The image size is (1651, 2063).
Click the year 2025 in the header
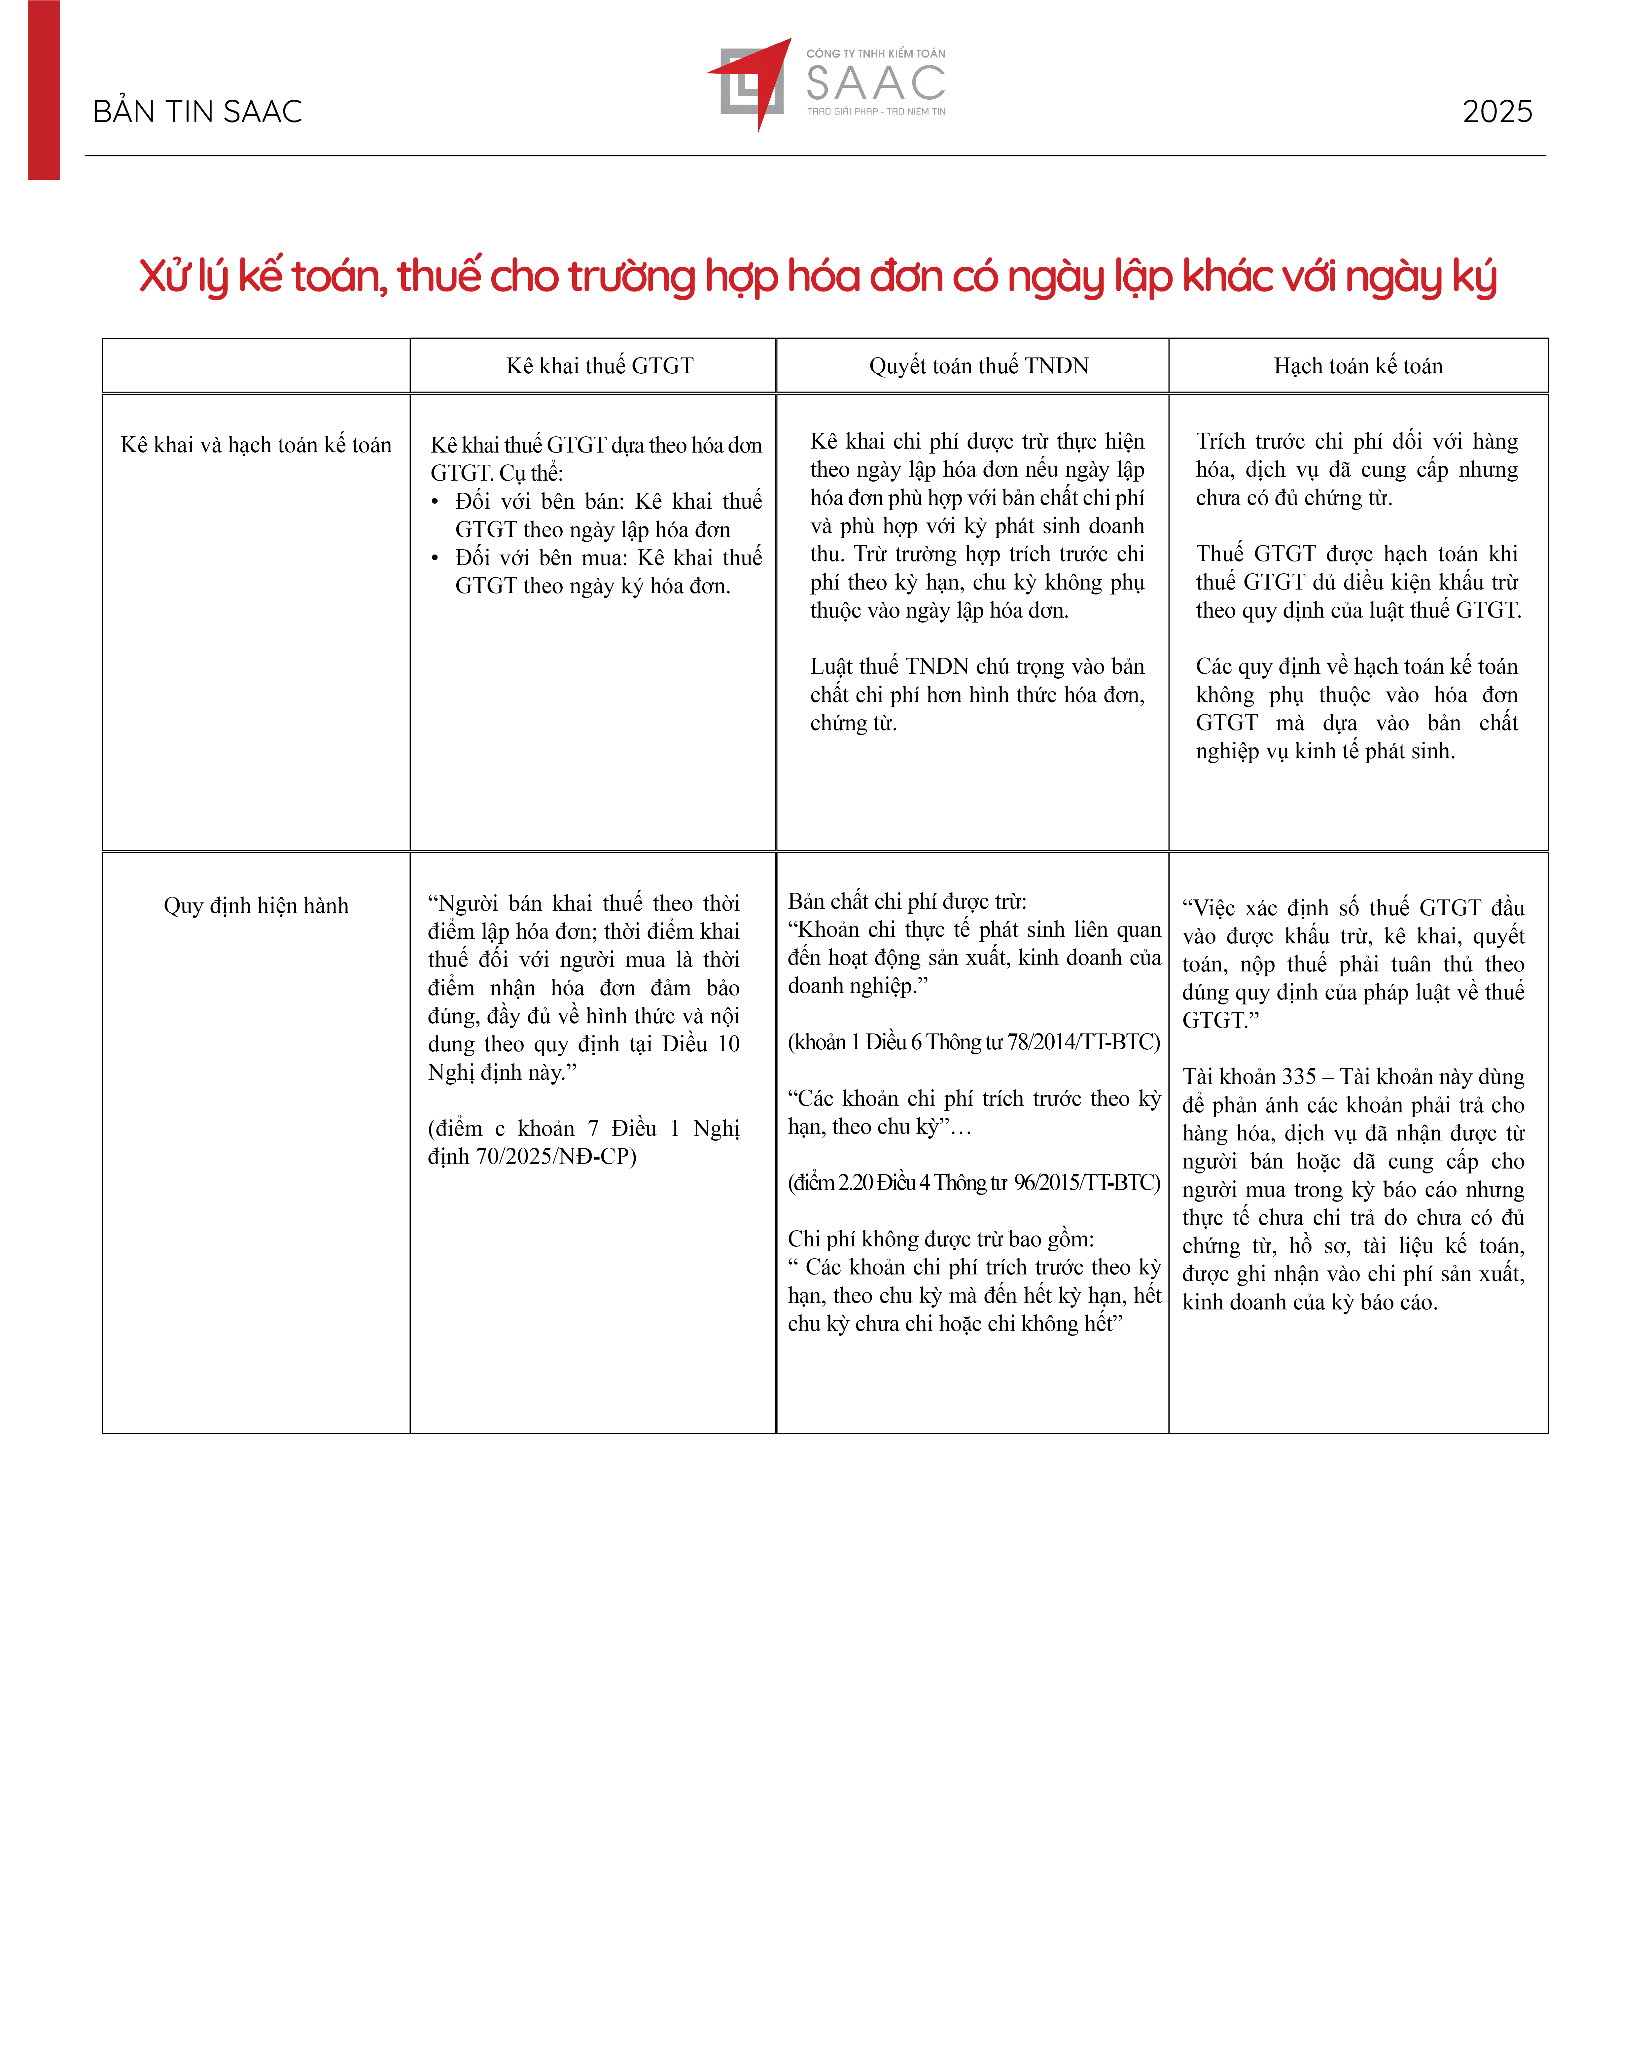[x=1497, y=112]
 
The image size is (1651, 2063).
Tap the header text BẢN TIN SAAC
[x=197, y=112]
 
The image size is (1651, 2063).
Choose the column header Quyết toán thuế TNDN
[x=978, y=365]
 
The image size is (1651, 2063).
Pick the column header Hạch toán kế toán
[x=1357, y=365]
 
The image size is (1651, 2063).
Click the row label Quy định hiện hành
[x=256, y=905]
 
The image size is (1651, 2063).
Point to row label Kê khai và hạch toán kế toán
[x=256, y=445]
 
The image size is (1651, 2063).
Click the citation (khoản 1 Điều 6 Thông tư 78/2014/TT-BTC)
[x=973, y=1042]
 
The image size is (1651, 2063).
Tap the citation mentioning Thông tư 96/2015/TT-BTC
[x=973, y=1183]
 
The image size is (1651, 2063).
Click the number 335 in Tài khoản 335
[x=1298, y=1076]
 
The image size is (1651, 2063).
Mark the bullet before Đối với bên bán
[x=436, y=501]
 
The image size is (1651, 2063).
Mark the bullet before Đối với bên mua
[x=436, y=558]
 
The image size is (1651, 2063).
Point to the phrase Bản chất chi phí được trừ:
[x=906, y=901]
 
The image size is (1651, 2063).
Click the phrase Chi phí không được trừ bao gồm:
[x=940, y=1239]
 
